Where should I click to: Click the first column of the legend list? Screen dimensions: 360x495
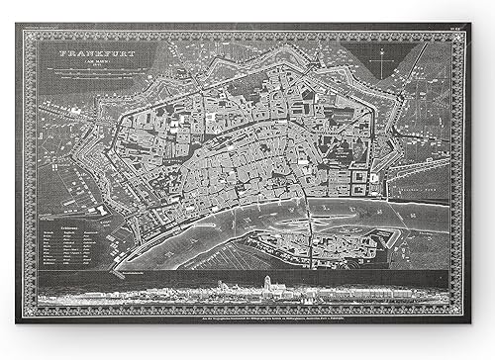click(x=53, y=251)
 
